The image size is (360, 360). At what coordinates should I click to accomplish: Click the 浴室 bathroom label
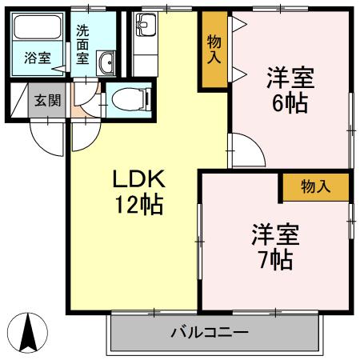[36, 58]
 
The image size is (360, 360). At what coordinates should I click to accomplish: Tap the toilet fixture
[130, 99]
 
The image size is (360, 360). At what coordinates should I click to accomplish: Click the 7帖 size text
[275, 260]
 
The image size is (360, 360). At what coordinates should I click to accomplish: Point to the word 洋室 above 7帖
[275, 235]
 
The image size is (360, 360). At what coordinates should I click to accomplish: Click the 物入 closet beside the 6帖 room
[214, 50]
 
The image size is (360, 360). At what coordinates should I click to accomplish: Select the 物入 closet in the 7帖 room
[314, 187]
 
